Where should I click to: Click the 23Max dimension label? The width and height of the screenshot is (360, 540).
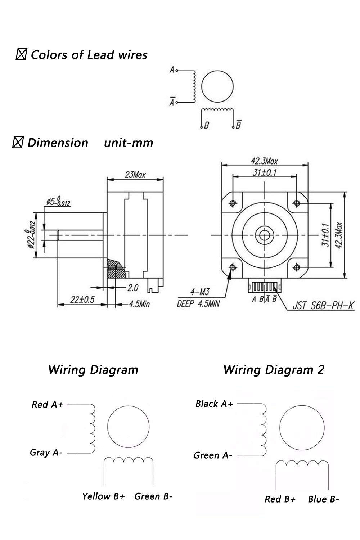point(135,175)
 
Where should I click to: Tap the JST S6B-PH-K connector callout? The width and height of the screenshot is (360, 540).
point(323,305)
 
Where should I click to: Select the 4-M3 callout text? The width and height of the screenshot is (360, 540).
point(200,292)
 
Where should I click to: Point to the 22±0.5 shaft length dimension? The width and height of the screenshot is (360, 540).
point(82,300)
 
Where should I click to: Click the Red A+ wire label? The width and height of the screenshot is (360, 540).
point(47,404)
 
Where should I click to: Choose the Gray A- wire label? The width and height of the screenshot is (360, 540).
point(46,452)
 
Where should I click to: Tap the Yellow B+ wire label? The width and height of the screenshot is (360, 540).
point(103,496)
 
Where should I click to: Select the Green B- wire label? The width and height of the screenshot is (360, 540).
point(153,496)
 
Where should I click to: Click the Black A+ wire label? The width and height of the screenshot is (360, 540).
point(214,404)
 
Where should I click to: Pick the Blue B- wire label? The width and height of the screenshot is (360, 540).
point(323,499)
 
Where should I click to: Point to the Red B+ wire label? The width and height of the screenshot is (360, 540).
point(280,499)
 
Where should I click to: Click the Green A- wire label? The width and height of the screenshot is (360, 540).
point(213,455)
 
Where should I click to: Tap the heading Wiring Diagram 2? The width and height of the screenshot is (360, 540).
point(274,370)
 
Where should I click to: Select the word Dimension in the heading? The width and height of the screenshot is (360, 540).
point(58,143)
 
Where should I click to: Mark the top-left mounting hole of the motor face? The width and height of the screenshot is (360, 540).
point(233,203)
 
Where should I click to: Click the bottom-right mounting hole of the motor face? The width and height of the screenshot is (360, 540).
point(297,267)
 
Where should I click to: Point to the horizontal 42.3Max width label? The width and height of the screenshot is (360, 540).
point(264,161)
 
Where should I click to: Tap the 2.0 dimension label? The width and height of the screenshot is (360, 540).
point(133,288)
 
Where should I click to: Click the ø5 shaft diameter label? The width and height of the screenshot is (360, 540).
point(58,202)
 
